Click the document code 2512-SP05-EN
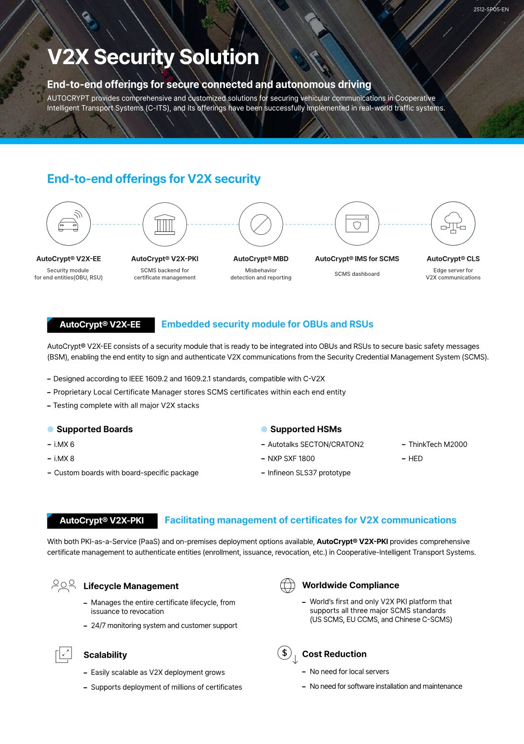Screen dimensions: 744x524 [x=490, y=9]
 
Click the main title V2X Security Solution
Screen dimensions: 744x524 [x=153, y=57]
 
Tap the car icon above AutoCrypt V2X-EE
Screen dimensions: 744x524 [x=69, y=224]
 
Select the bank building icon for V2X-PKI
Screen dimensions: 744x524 [x=165, y=224]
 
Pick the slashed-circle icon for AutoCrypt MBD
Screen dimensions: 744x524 [x=261, y=224]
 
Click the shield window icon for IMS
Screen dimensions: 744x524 [x=357, y=224]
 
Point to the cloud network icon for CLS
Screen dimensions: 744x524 [x=453, y=223]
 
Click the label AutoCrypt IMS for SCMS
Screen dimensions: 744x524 [x=357, y=259]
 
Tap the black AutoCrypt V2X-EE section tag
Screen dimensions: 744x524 [x=101, y=325]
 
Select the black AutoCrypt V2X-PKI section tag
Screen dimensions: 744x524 [x=102, y=521]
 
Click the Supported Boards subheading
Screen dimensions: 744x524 [x=94, y=429]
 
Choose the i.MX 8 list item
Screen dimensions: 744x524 [x=64, y=458]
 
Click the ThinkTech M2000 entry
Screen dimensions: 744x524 [x=438, y=445]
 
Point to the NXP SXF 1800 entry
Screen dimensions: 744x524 [x=291, y=458]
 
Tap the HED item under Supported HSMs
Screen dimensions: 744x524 [x=415, y=458]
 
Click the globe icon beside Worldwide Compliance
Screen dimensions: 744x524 [x=288, y=585]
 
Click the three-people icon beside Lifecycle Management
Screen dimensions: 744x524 [x=64, y=586]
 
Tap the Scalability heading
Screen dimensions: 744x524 [x=105, y=655]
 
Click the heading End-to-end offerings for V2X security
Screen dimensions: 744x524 [x=153, y=179]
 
